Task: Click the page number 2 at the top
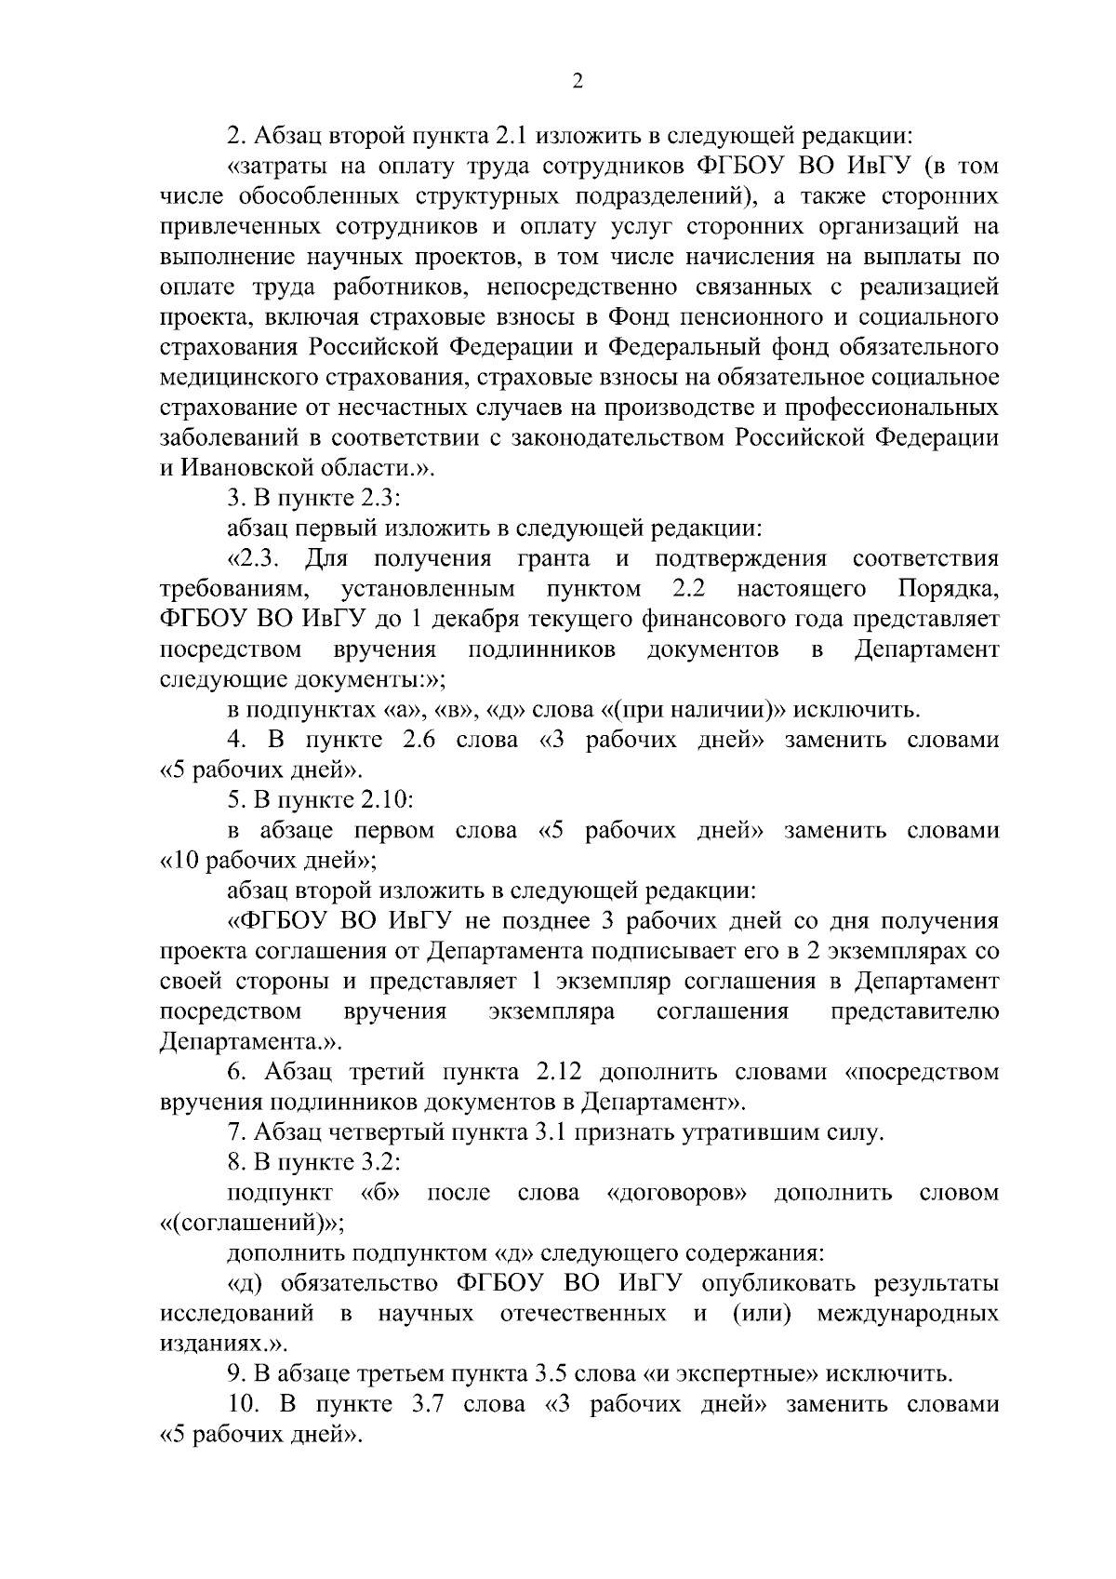[577, 82]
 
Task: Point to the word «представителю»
[915, 1011]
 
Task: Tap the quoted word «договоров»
[678, 1193]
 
